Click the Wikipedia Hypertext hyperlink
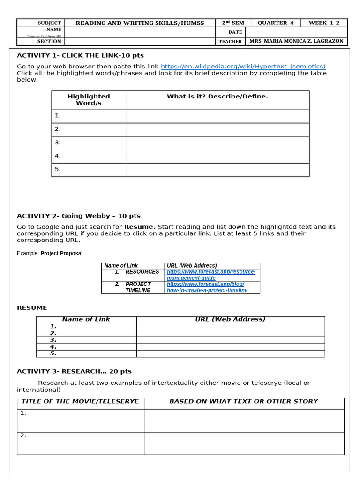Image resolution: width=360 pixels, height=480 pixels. pos(243,67)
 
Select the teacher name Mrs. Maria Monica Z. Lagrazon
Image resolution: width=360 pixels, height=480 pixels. pos(296,41)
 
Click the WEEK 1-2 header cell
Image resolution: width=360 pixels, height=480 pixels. pos(327,23)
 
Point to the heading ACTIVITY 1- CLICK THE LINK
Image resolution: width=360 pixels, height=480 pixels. pos(80,55)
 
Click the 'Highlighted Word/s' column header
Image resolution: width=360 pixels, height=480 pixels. pos(89,99)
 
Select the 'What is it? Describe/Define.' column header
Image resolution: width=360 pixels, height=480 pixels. pos(217,97)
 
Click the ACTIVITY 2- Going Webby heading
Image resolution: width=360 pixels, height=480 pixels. pos(79,216)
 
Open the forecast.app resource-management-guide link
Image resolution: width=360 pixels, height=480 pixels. pos(211,275)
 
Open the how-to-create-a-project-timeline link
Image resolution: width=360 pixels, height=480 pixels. pos(207,287)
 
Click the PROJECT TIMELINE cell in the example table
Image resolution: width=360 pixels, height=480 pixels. pos(138,287)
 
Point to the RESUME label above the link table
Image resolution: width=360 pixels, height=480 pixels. pos(32,307)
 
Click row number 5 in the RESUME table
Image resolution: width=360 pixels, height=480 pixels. pos(53,353)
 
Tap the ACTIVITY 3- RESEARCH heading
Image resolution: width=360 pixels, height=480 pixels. pos(74,371)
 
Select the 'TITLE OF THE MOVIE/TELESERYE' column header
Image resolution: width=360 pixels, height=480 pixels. pos(80,402)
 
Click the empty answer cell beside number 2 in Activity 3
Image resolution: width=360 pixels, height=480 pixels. pos(244,443)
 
